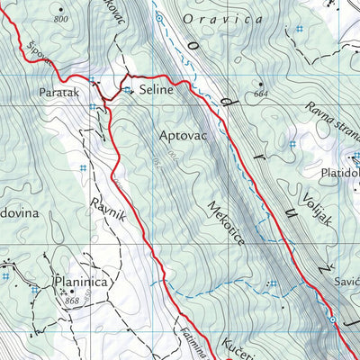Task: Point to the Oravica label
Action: [211, 17]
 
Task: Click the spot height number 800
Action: [60, 19]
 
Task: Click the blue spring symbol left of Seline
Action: [128, 91]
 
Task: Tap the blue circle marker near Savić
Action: [332, 319]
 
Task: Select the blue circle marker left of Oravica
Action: [158, 16]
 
